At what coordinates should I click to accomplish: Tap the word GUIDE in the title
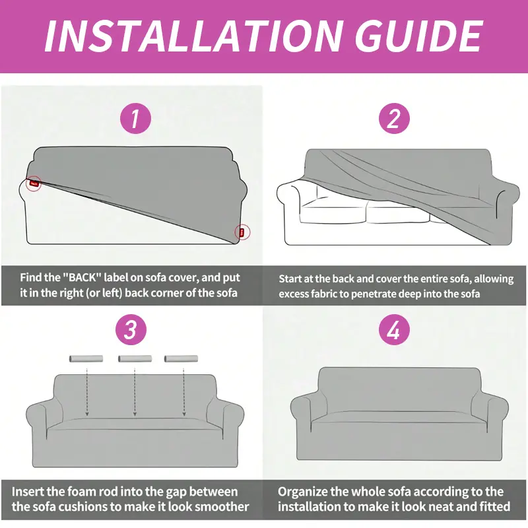(419, 36)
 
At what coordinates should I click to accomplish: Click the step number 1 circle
(135, 118)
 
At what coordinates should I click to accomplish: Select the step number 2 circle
(394, 118)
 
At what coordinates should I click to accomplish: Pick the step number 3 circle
(131, 329)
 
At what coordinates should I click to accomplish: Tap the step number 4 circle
(394, 329)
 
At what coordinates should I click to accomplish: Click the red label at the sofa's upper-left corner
(34, 183)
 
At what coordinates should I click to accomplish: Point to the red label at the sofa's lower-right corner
(242, 232)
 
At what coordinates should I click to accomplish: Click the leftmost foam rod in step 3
(86, 358)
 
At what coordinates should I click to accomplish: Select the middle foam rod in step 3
(135, 358)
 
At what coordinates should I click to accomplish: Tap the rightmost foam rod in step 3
(181, 358)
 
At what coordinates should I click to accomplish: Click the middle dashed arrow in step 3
(135, 392)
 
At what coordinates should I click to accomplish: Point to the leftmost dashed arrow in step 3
(87, 392)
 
